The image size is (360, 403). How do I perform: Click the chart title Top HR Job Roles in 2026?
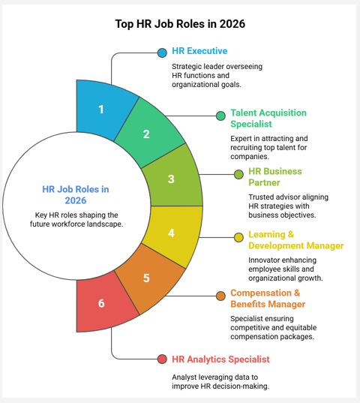180,23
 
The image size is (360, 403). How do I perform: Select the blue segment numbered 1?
101,110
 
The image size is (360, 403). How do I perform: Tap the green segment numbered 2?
147,134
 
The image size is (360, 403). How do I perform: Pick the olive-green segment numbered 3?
171,179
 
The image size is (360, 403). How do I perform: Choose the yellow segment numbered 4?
171,233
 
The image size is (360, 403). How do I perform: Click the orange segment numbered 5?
147,278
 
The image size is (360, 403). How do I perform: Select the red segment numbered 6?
101,303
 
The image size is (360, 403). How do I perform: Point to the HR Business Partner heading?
275,177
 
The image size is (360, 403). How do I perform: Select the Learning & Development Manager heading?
295,240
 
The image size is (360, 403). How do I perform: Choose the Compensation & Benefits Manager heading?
268,298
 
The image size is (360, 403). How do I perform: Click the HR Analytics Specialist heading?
220,359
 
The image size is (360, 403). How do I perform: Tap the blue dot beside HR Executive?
162,53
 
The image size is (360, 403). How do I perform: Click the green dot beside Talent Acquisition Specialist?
220,116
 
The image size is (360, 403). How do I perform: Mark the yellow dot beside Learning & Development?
239,237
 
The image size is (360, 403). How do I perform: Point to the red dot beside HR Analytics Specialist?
162,359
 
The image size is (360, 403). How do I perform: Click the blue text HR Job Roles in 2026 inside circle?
75,195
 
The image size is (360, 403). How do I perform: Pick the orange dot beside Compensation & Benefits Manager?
220,296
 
